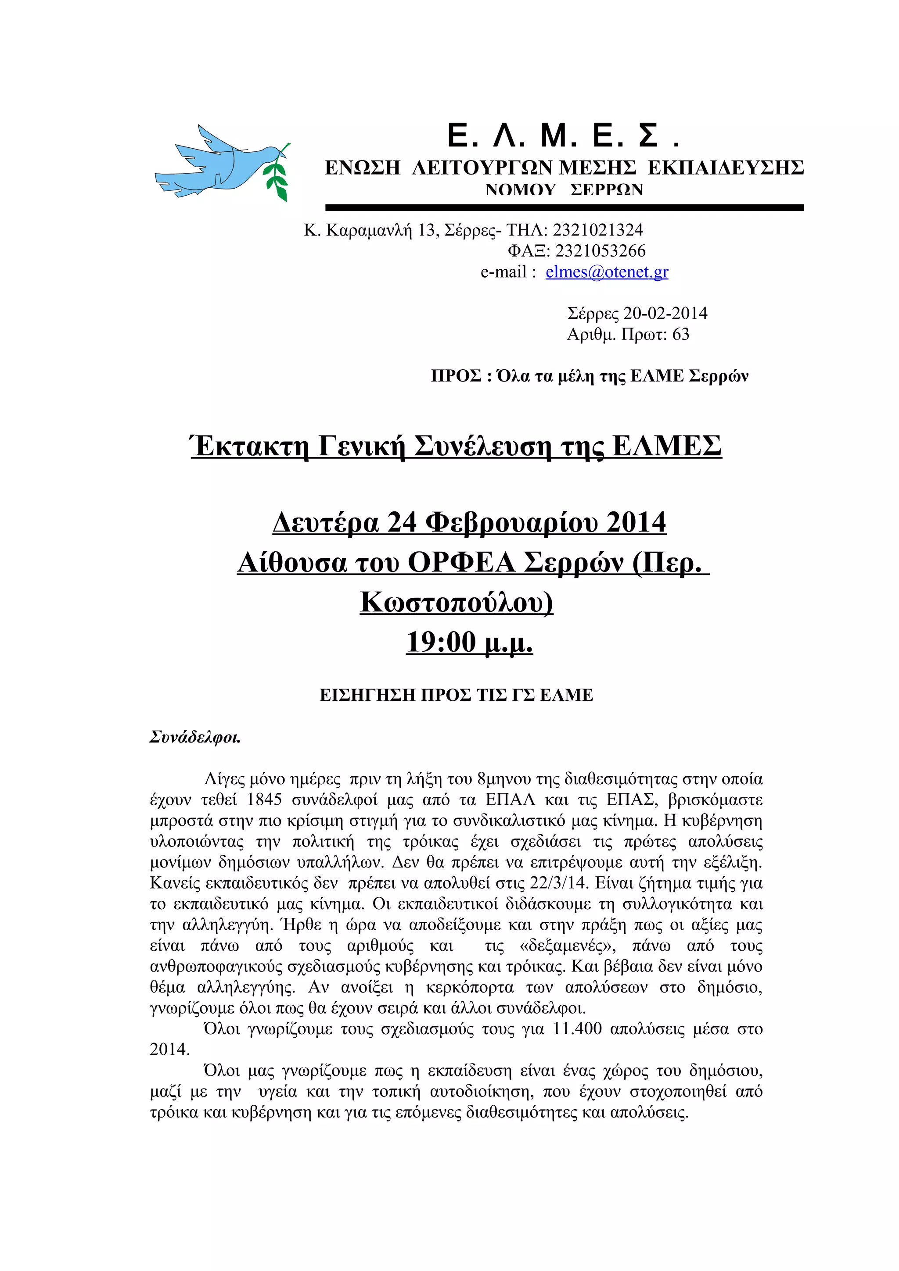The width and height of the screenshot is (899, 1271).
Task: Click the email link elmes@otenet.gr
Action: pyautogui.click(x=607, y=272)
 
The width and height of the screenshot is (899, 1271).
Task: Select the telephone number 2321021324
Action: pyautogui.click(x=598, y=230)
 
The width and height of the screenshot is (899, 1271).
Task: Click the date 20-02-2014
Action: pyautogui.click(x=665, y=313)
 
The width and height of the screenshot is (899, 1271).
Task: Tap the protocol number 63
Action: pyautogui.click(x=680, y=334)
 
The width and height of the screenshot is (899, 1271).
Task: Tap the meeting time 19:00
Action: pyautogui.click(x=441, y=642)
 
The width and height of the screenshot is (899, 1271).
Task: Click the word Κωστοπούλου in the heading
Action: pyautogui.click(x=457, y=602)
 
